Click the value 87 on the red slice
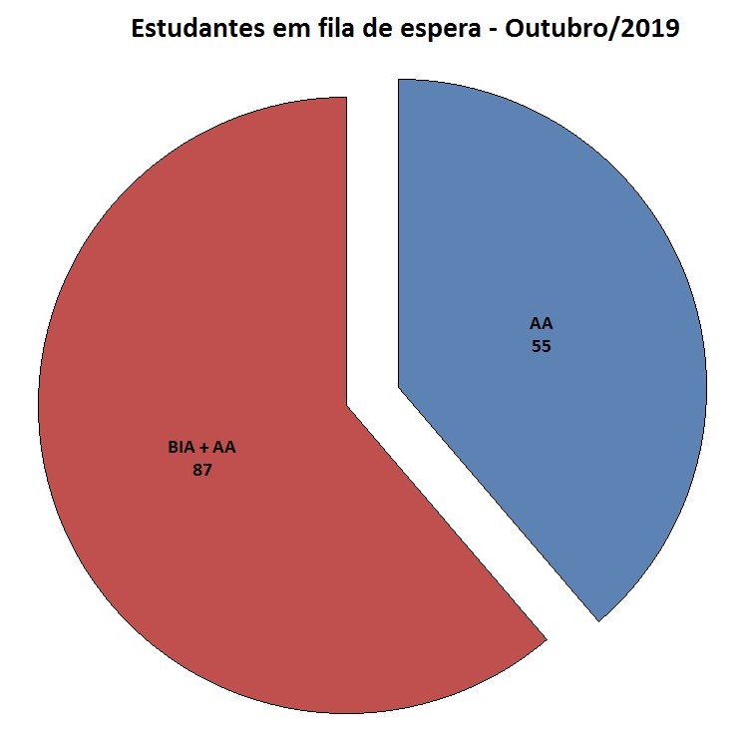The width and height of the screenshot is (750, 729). pos(202,468)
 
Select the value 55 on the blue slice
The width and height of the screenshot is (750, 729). pos(542,347)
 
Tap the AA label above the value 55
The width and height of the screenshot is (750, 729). pos(542,325)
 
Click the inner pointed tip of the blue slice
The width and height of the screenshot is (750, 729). pos(399,386)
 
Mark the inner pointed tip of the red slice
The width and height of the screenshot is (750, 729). pos(346,406)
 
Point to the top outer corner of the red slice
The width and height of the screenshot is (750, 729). pos(345,99)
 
